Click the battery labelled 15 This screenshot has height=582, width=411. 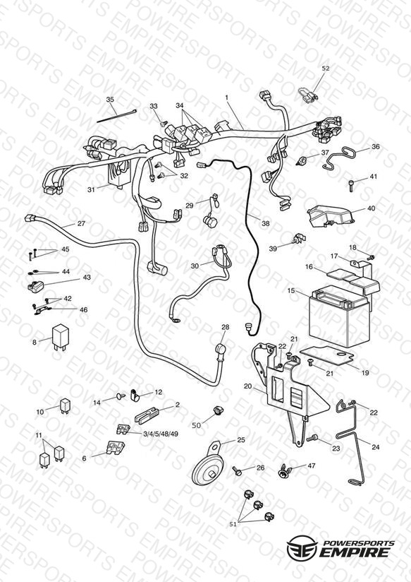coord(340,318)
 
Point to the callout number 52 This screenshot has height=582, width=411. coord(326,69)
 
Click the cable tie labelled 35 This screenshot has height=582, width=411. coord(117,116)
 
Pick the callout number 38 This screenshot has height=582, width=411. coord(265,223)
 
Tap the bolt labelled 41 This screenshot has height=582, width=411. coord(351,184)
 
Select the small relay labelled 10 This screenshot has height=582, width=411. coord(65,405)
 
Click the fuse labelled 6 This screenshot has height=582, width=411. coord(115,447)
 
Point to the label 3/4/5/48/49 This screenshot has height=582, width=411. coord(161,433)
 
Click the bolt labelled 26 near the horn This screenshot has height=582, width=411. coord(237,471)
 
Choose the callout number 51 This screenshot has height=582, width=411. coord(233,523)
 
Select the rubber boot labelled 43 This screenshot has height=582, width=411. coord(36,286)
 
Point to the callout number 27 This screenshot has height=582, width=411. coord(81,223)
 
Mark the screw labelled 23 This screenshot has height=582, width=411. coord(312,439)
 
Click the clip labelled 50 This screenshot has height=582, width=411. coord(219,410)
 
